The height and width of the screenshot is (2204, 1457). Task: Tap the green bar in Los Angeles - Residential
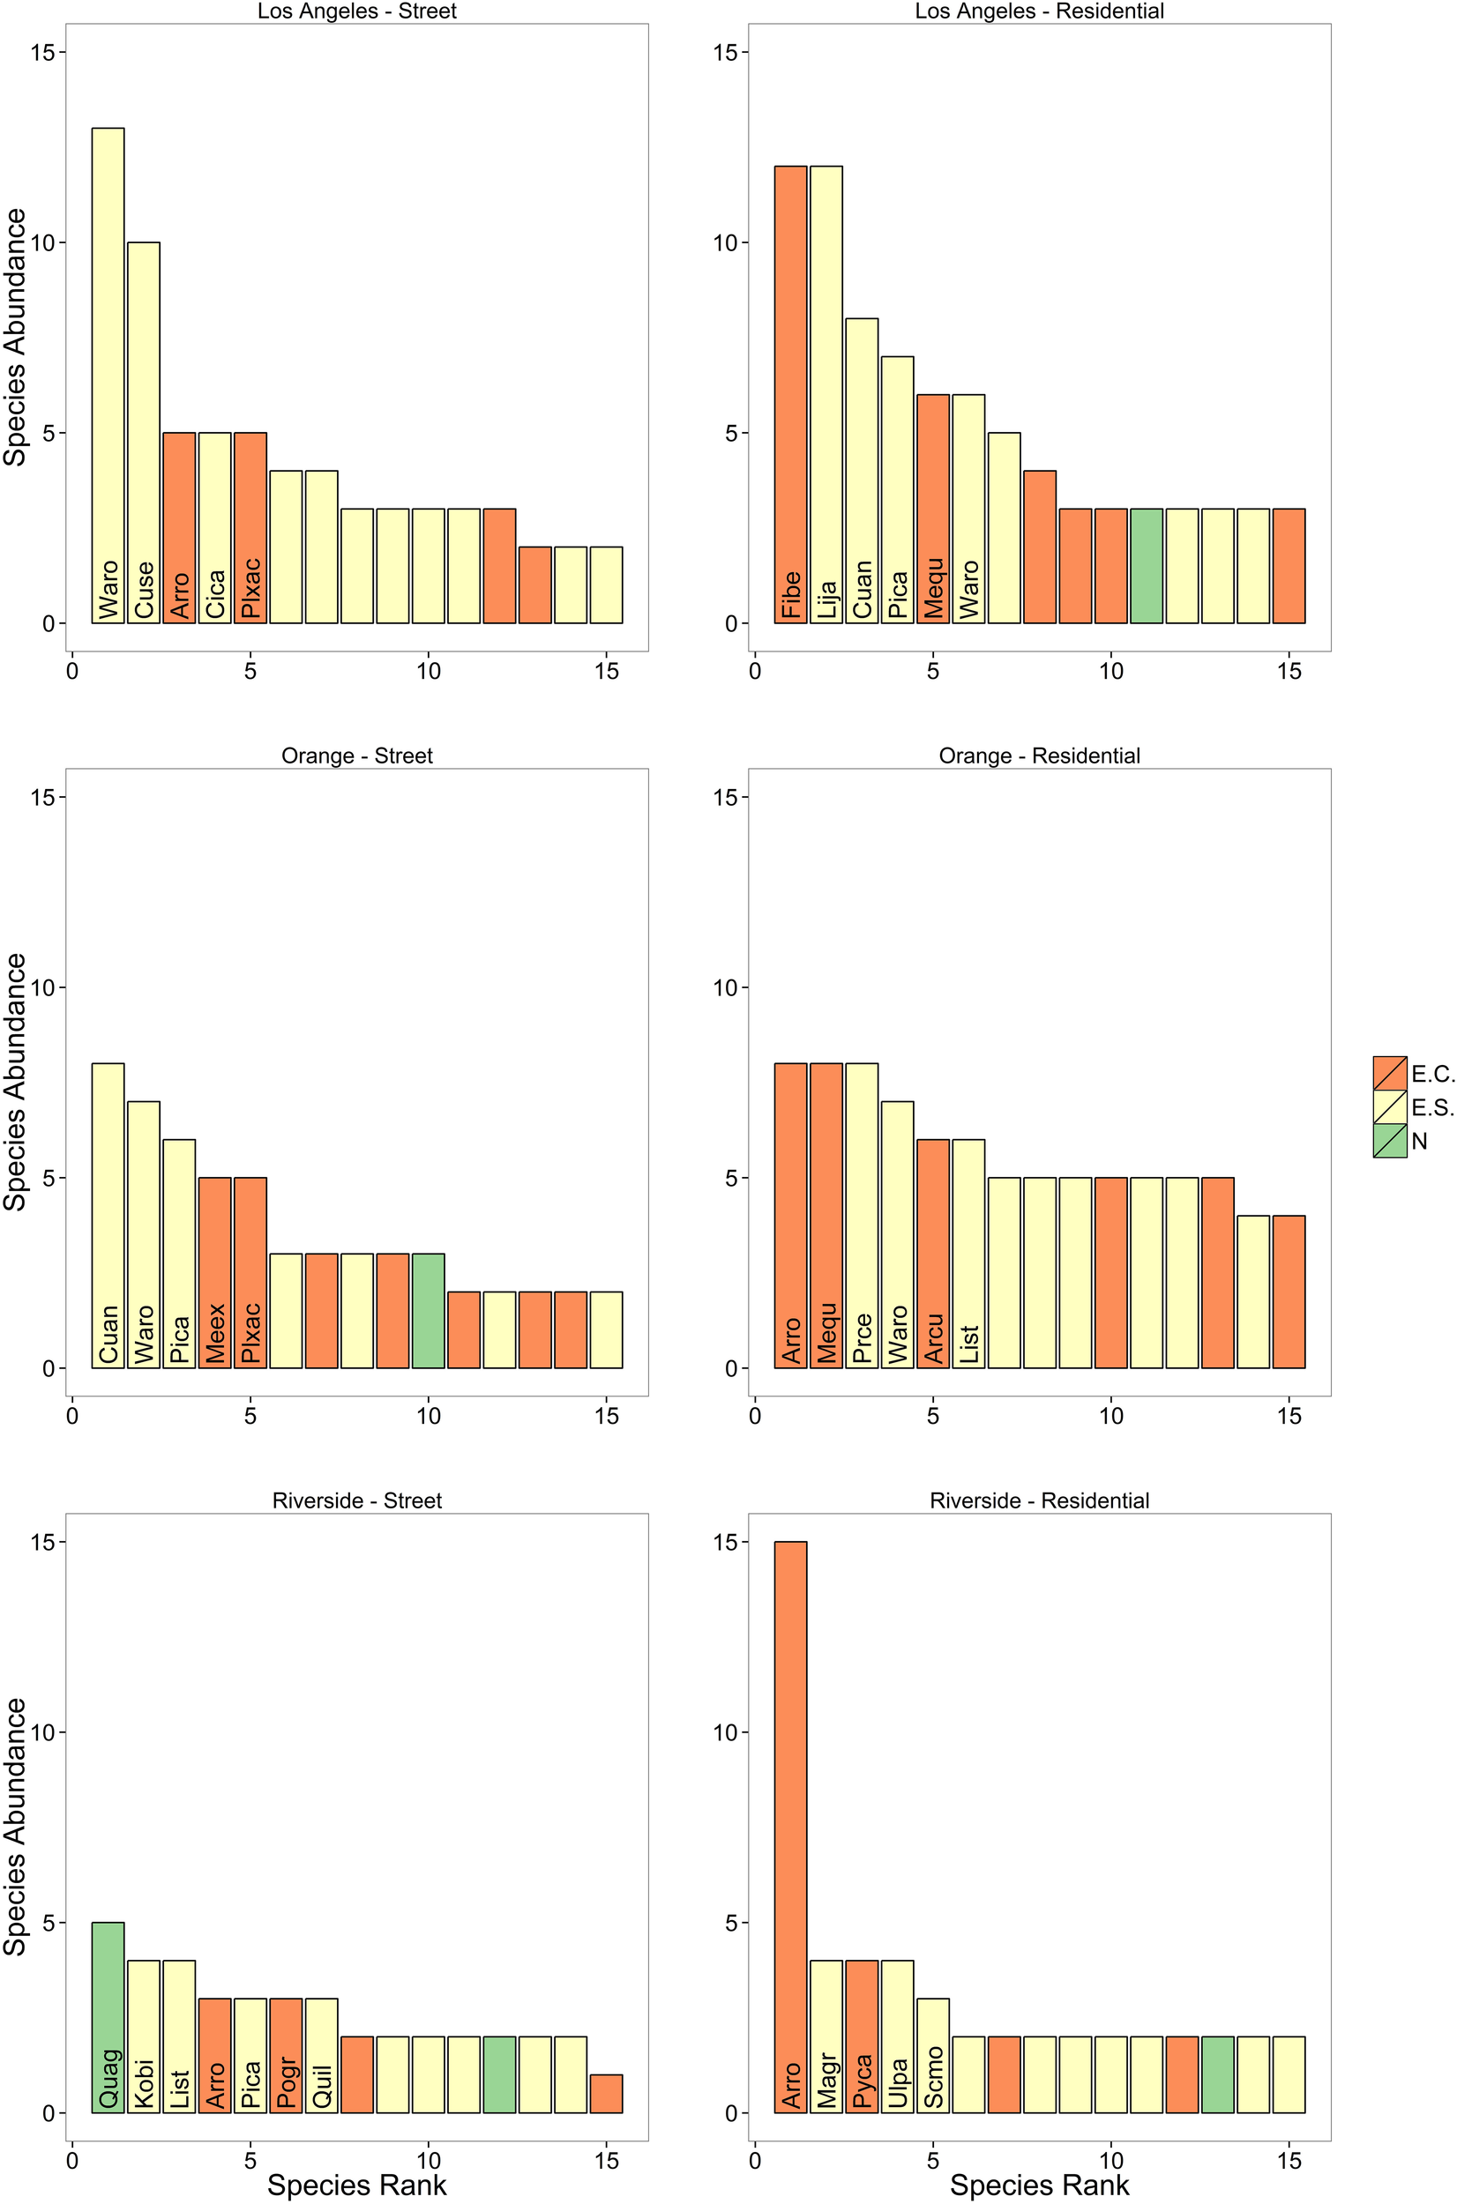(x=1146, y=566)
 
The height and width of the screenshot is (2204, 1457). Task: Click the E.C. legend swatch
(x=1389, y=1073)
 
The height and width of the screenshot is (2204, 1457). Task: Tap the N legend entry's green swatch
(x=1389, y=1141)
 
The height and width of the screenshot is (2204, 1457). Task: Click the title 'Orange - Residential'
(x=1039, y=756)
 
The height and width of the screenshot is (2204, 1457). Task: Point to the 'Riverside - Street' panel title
(x=357, y=1500)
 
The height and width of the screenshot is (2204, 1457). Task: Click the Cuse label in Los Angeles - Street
(x=144, y=590)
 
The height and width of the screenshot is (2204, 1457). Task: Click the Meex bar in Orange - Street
(x=214, y=1272)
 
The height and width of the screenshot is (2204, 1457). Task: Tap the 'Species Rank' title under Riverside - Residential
(x=1039, y=2185)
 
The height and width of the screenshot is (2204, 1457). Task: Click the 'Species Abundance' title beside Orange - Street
(x=16, y=1082)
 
